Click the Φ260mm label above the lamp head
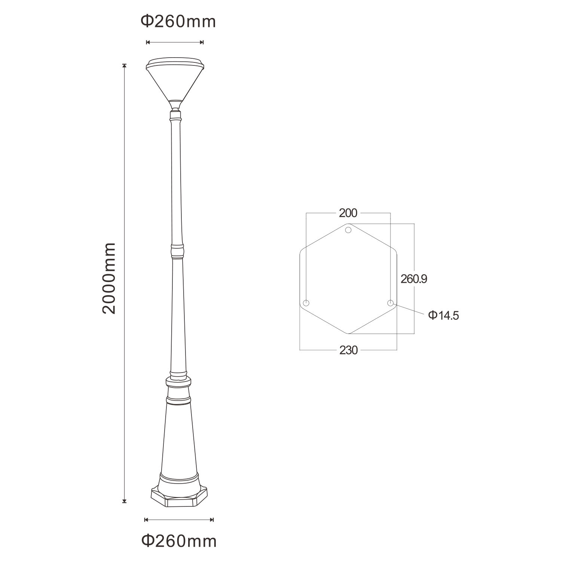point(178,22)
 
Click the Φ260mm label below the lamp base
point(179,541)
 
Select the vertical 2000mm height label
point(109,278)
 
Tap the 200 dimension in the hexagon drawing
point(348,213)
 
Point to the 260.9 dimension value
point(414,279)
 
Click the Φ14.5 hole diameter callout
point(444,315)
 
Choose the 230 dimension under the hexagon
point(349,350)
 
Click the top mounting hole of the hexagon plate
point(348,229)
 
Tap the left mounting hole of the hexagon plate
point(306,303)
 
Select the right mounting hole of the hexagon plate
point(390,303)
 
